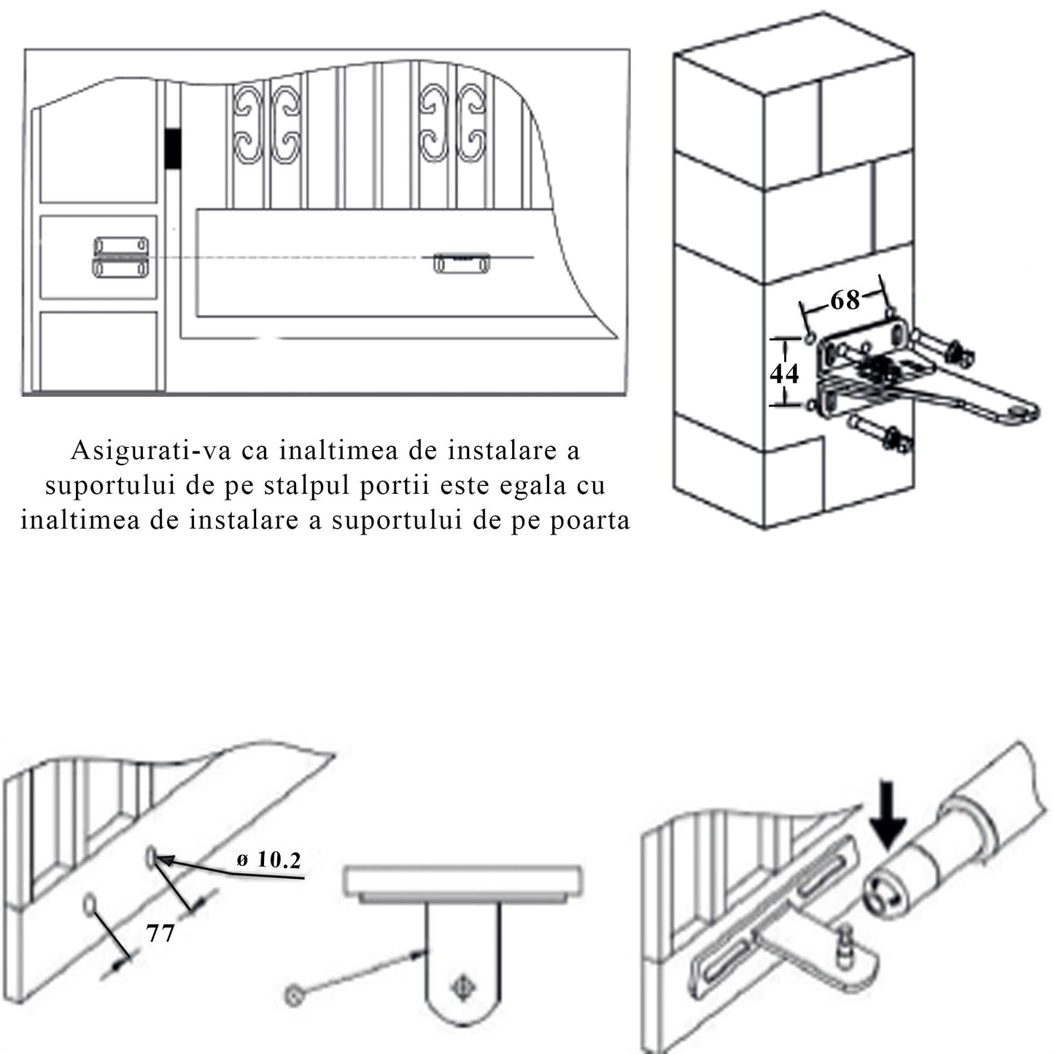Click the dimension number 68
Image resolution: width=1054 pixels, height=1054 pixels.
[845, 300]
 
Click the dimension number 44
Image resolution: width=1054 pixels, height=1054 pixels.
[785, 373]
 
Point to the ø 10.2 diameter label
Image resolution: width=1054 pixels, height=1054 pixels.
[269, 860]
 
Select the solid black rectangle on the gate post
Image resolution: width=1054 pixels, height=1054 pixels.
[173, 150]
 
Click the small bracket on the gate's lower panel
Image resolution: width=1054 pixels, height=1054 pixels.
[462, 263]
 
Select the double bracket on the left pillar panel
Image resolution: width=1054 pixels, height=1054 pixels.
[120, 257]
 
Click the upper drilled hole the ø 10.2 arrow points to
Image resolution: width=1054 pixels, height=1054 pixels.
[151, 856]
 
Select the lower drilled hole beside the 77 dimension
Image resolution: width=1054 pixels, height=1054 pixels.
[90, 905]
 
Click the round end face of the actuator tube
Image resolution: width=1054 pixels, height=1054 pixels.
[884, 896]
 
